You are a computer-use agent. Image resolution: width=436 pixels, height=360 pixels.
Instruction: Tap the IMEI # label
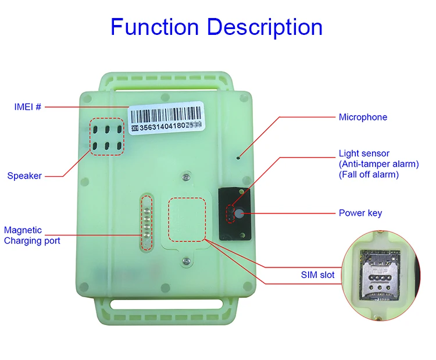pos(28,107)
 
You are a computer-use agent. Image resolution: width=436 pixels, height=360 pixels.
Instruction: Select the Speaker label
pos(24,176)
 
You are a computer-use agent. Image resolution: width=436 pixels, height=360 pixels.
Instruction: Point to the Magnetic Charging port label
pos(31,236)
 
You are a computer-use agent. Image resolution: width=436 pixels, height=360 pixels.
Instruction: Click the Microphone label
pos(363,117)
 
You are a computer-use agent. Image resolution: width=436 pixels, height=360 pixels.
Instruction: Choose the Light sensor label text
pos(365,154)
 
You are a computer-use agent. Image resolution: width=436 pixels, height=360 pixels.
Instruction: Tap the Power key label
pos(360,213)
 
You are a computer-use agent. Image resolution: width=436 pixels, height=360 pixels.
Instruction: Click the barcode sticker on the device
pos(167,116)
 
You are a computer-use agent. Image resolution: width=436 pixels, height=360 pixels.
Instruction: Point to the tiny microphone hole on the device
pos(238,157)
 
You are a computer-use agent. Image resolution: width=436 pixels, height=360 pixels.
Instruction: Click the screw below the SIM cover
pos(186,262)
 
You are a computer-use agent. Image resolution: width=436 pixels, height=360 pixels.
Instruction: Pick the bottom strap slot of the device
pos(167,304)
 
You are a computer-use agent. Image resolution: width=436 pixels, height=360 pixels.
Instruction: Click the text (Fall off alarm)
pos(368,174)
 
